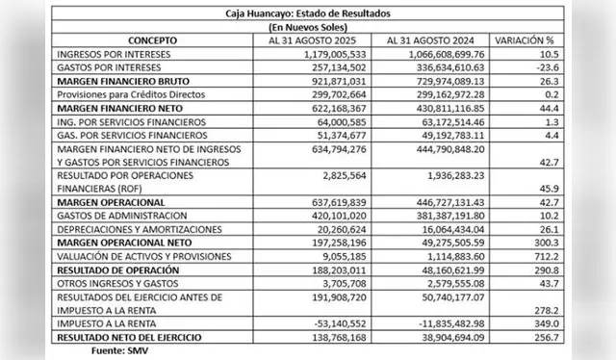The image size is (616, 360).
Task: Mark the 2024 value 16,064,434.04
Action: pyautogui.click(x=446, y=230)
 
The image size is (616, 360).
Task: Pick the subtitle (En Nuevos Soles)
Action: pyautogui.click(x=312, y=28)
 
